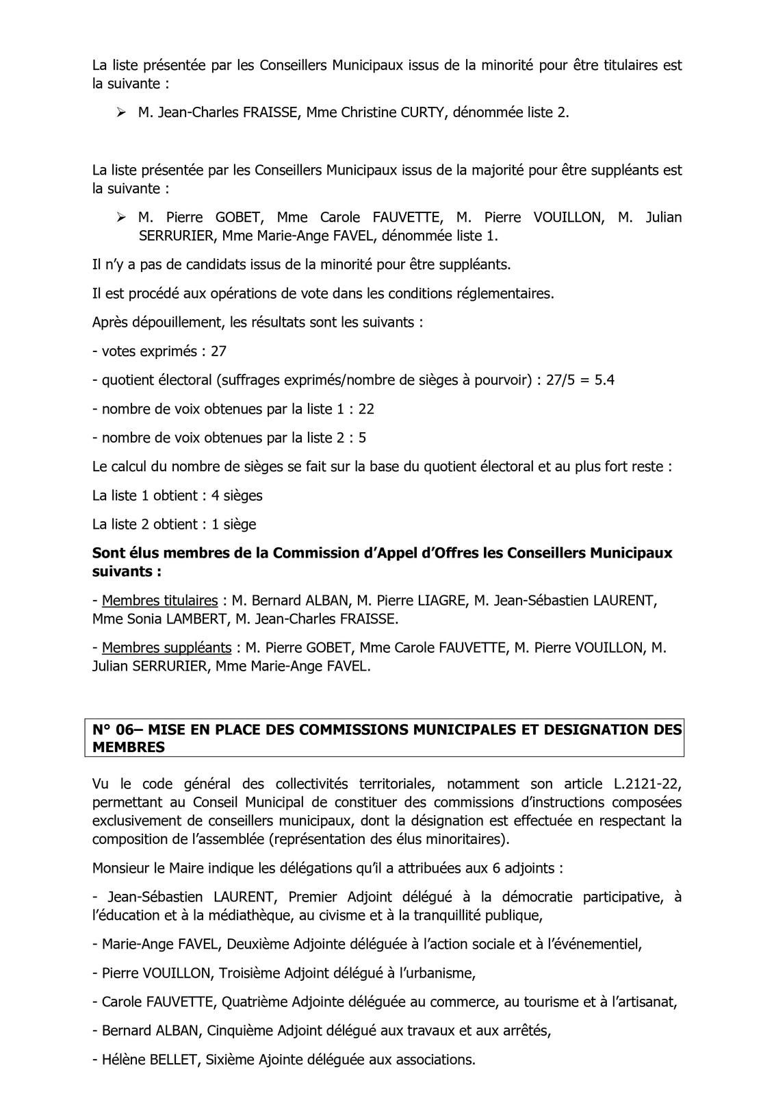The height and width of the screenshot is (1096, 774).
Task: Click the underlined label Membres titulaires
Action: pyautogui.click(x=159, y=601)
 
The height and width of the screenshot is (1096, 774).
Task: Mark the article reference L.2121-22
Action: pyautogui.click(x=643, y=784)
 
